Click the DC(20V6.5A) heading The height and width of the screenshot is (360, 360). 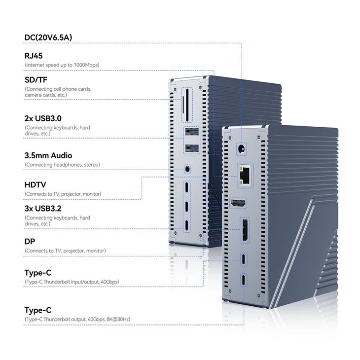point(48,37)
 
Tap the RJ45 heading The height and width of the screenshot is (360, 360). point(34,56)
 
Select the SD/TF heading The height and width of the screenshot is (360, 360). point(36,80)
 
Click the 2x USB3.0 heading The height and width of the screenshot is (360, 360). point(43,118)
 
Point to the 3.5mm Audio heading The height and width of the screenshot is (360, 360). point(48,156)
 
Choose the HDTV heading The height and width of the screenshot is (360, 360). point(35,185)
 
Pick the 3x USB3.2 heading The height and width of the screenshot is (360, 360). point(43,209)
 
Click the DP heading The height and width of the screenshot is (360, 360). point(30,242)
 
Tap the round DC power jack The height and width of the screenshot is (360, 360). point(242,149)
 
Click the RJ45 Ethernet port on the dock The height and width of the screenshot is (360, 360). point(245,176)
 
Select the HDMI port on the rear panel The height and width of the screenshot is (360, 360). point(238,203)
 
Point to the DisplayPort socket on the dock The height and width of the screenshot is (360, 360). point(245,230)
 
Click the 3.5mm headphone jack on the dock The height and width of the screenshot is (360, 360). point(187,170)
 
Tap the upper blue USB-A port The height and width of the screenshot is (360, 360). point(192,133)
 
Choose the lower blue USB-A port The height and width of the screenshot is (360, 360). point(192,148)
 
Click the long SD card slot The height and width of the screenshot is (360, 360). point(187,105)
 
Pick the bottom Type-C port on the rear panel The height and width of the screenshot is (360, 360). point(244,280)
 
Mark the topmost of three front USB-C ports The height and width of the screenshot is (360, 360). point(187,187)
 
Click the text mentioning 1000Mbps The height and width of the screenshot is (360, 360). point(62,65)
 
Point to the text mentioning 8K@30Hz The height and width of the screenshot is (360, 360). point(77,320)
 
